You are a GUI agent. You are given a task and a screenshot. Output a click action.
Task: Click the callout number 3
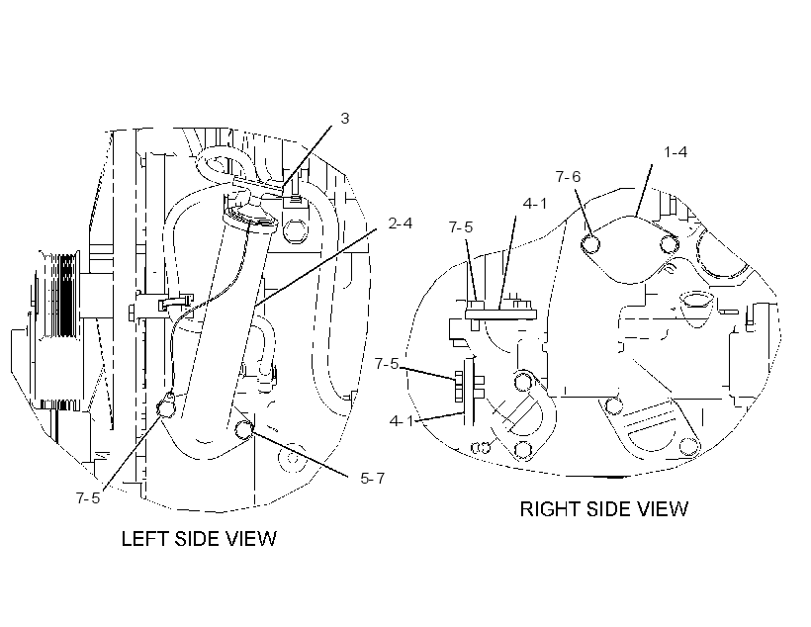pos(345,119)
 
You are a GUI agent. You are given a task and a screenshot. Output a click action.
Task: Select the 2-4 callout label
pos(401,224)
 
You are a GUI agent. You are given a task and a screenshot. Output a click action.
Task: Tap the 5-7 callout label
pos(373,479)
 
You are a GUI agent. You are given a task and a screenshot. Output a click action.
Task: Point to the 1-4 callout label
pos(676,152)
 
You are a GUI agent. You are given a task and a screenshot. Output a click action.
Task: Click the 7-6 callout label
pos(569,177)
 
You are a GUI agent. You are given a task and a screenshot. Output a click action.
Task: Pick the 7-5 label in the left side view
pos(88,498)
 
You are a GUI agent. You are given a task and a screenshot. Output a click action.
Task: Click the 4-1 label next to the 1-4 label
pos(535,204)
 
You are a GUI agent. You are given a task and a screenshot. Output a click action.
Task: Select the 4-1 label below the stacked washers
pos(402,421)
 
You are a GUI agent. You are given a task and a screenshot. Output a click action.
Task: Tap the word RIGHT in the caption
pos(551,509)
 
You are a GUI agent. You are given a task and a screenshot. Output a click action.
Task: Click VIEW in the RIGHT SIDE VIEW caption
pos(662,509)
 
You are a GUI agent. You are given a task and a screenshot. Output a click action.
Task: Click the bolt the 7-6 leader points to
pos(590,243)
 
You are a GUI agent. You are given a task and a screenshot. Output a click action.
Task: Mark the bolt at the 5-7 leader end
pos(244,429)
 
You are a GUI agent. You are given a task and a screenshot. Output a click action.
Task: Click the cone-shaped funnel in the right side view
pos(695,308)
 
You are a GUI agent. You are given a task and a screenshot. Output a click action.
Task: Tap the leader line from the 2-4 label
pos(315,268)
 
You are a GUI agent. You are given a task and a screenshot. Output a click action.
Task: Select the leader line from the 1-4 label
pos(644,190)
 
